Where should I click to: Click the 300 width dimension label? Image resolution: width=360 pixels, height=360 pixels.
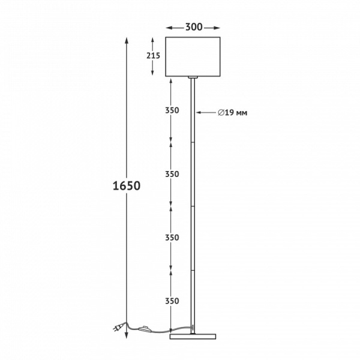click(194, 27)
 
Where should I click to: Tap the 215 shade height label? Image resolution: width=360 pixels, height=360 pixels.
click(153, 56)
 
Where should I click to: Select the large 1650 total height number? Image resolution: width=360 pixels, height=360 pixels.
click(127, 186)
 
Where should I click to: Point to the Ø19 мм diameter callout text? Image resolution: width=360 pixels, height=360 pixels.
click(233, 113)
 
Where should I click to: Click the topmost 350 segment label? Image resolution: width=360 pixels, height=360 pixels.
click(172, 110)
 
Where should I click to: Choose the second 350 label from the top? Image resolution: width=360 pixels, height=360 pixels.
click(172, 174)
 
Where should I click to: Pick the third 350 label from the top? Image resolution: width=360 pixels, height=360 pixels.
click(172, 238)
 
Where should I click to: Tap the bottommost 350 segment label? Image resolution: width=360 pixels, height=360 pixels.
click(172, 301)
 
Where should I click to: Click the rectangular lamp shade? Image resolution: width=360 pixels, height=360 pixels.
click(193, 56)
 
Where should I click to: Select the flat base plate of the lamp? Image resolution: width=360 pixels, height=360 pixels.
click(193, 337)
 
